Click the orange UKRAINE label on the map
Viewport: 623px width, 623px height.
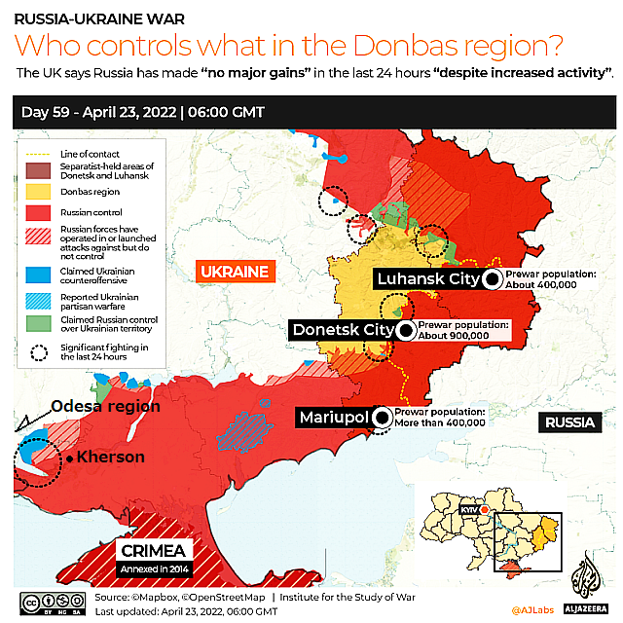pyautogui.click(x=235, y=271)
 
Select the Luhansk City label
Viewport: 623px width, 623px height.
pyautogui.click(x=427, y=279)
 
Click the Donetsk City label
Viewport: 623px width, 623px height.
pyautogui.click(x=342, y=330)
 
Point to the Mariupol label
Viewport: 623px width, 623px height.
pyautogui.click(x=333, y=418)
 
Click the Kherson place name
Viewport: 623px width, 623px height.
pyautogui.click(x=111, y=458)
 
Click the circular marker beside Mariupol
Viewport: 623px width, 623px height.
pyautogui.click(x=382, y=418)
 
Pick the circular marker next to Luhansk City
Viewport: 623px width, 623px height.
pyautogui.click(x=493, y=280)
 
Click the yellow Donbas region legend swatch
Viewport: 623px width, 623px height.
pyautogui.click(x=40, y=192)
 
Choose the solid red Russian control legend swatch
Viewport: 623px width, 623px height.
pyautogui.click(x=40, y=211)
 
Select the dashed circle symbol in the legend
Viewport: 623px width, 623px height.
pyautogui.click(x=40, y=352)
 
